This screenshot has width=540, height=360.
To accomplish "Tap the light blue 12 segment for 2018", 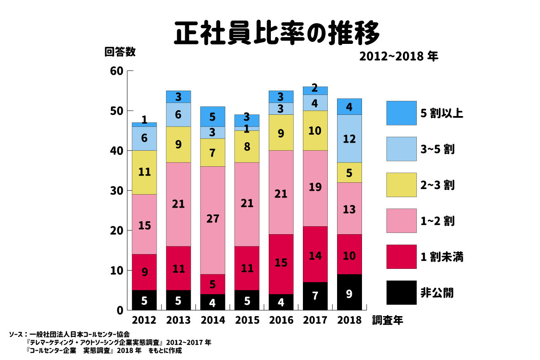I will [x=349, y=138].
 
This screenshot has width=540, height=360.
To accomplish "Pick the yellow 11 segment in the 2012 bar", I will [x=144, y=172].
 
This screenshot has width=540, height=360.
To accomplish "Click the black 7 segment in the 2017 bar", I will [x=315, y=296].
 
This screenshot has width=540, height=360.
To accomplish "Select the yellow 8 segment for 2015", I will [x=247, y=146].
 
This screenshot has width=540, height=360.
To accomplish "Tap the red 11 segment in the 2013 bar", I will [x=178, y=268].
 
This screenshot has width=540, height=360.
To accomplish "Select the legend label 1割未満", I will [x=442, y=257].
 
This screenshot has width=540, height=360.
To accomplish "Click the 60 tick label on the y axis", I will [x=116, y=71].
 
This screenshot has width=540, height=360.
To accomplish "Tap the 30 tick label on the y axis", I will [x=116, y=191].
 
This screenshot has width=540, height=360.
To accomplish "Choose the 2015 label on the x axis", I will [x=247, y=320].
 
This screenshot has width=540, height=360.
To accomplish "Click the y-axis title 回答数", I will [x=120, y=52].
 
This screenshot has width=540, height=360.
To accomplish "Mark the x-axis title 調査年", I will [x=388, y=321].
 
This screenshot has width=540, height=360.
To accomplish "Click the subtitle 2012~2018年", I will [x=399, y=57].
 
